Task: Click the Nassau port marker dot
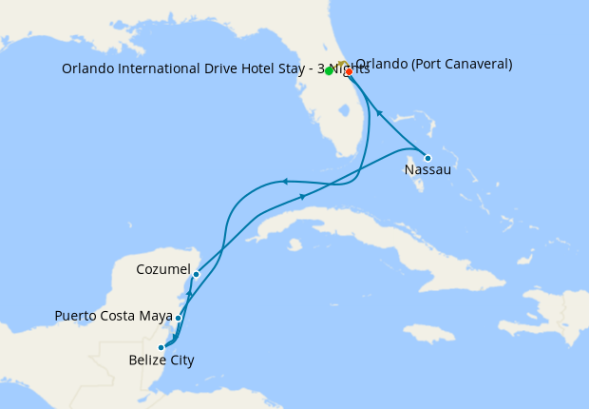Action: [427, 158]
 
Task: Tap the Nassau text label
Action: [427, 171]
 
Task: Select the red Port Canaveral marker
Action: [349, 71]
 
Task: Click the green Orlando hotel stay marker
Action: [329, 70]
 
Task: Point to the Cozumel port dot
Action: [196, 275]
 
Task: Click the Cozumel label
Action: [163, 269]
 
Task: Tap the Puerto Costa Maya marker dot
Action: [178, 319]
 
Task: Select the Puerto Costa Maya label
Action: [113, 316]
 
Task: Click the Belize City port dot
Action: [161, 347]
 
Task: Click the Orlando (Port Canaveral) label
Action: [434, 65]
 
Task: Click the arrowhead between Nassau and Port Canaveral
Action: [380, 112]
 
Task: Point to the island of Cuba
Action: [380, 238]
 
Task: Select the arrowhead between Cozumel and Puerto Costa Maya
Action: [189, 296]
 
